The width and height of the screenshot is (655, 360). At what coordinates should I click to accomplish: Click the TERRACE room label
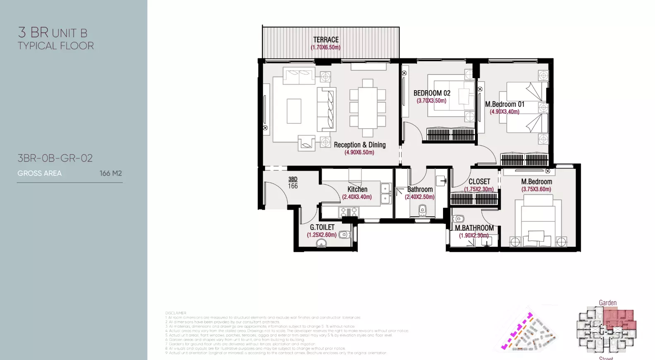point(326,40)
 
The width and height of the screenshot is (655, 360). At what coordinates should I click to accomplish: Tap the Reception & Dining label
point(359,145)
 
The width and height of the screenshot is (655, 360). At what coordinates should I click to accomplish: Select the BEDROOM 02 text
point(431,93)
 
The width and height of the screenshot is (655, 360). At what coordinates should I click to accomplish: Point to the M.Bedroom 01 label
point(504,104)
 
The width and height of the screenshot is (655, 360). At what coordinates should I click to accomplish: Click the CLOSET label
point(479,182)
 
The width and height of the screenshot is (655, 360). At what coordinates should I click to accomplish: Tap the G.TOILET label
point(322,227)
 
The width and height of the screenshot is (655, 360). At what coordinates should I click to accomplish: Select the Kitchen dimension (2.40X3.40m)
point(356,197)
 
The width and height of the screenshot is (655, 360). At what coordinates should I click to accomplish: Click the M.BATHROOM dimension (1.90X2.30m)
point(474,235)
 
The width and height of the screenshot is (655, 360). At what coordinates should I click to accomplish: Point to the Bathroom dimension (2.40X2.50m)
point(419,197)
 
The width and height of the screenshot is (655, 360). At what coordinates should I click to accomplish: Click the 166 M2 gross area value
point(111,173)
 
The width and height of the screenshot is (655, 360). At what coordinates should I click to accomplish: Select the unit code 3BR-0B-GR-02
point(55,158)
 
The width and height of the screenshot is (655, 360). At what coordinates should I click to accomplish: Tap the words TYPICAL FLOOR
point(55,46)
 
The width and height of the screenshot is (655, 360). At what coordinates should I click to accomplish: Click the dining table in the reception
point(367,108)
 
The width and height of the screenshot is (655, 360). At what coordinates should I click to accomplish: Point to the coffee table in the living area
point(294,111)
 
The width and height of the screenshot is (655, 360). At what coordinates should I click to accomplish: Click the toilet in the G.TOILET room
point(344,235)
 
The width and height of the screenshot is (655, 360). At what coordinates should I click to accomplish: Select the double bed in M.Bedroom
point(538,221)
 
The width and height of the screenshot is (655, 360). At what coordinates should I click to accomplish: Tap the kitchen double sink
point(386,194)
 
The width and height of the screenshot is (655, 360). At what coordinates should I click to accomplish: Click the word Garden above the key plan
point(607,303)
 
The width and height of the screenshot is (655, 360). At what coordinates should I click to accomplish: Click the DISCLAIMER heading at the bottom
point(176,313)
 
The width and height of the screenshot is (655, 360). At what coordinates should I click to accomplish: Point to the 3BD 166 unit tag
point(293,182)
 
